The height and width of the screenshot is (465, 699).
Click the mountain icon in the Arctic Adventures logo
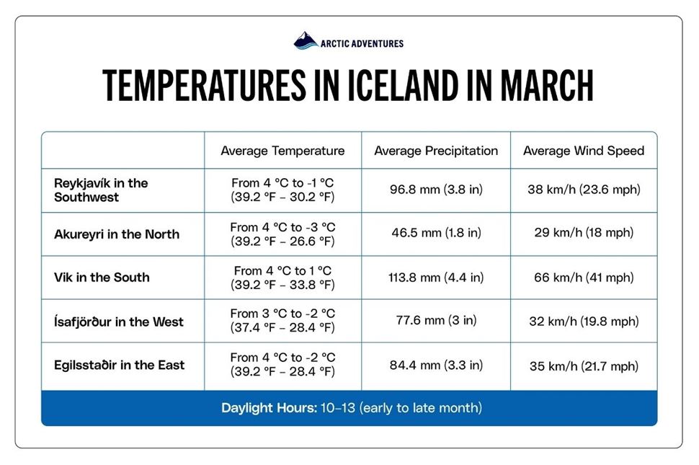(306, 41)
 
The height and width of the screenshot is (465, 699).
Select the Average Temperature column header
(282, 151)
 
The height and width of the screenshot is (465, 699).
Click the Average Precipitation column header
(436, 151)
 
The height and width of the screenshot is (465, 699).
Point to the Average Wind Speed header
(584, 151)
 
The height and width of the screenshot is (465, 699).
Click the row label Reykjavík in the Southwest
(101, 190)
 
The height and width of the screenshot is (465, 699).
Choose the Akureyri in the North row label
(117, 234)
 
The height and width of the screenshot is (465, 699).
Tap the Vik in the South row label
(102, 278)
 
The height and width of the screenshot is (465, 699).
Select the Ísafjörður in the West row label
(119, 322)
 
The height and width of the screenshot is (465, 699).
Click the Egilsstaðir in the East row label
(120, 365)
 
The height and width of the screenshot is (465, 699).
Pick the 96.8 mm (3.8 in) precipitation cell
(436, 190)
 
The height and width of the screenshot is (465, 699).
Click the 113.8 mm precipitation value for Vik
(436, 278)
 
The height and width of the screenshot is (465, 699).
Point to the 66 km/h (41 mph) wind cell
(584, 278)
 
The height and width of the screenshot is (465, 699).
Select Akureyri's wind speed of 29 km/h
(584, 234)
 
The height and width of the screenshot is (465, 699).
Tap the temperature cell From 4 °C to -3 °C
(282, 234)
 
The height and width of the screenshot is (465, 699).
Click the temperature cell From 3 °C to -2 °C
(282, 322)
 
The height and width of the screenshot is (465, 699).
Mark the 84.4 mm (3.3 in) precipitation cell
(436, 365)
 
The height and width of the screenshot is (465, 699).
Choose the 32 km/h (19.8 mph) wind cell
(584, 322)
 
